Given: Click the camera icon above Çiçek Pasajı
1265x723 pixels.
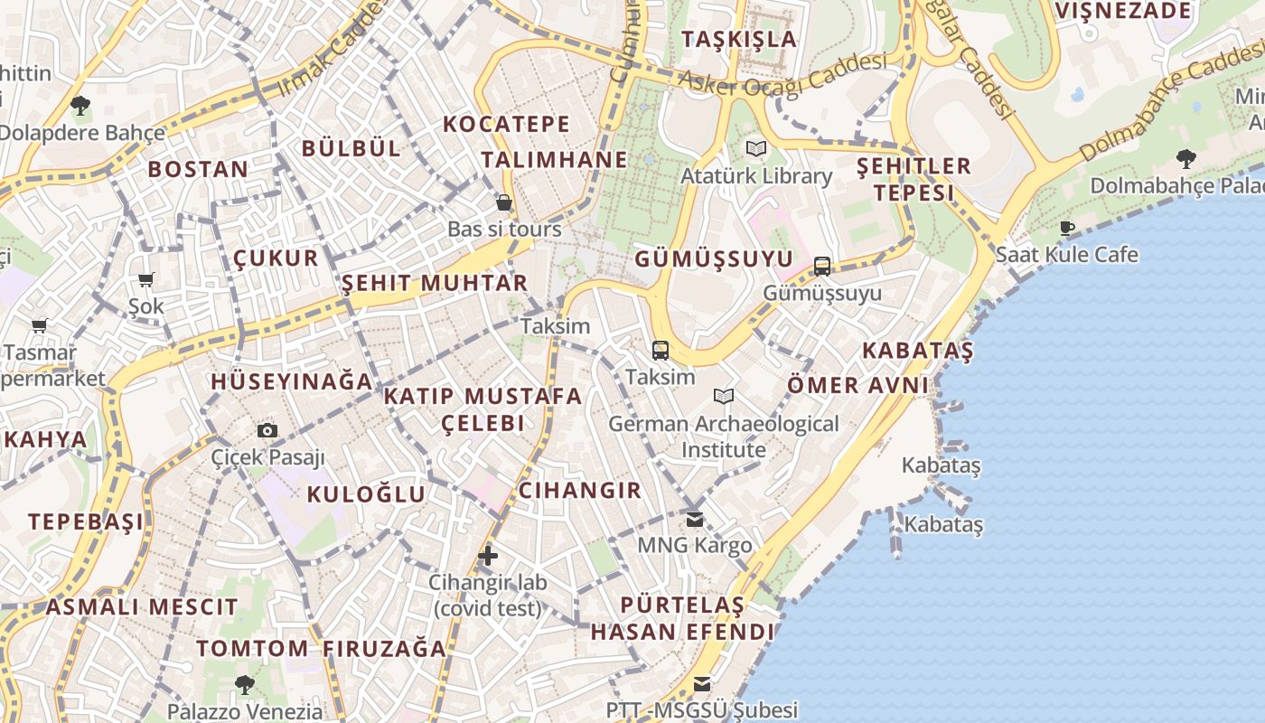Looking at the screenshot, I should click(x=267, y=430).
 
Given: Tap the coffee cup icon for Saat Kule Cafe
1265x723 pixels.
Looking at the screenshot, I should click(x=1067, y=228).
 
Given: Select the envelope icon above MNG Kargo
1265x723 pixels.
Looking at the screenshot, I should click(x=694, y=519).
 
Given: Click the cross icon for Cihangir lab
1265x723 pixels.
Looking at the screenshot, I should click(x=488, y=555).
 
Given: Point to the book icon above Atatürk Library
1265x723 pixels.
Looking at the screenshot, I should click(x=756, y=148).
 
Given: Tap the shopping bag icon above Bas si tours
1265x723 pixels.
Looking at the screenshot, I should click(x=504, y=202).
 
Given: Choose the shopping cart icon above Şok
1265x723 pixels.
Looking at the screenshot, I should click(x=145, y=280).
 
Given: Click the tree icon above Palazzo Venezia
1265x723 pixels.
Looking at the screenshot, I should click(x=244, y=684).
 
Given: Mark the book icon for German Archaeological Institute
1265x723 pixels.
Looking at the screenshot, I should click(x=724, y=396).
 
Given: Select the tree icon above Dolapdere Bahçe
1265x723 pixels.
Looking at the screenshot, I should click(x=80, y=106).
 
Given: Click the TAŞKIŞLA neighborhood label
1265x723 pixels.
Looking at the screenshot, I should click(x=739, y=39).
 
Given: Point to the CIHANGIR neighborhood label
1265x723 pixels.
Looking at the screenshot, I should click(x=579, y=491).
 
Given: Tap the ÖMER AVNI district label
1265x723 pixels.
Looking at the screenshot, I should click(x=857, y=385).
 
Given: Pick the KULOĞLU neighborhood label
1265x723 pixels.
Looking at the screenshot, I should click(x=366, y=493).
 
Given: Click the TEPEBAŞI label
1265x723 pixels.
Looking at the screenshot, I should click(x=86, y=521).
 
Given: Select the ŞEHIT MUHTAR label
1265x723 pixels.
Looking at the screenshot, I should click(x=435, y=283).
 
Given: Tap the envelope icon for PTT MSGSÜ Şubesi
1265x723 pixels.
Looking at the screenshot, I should click(x=702, y=683).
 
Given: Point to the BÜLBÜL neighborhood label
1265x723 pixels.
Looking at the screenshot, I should click(x=351, y=149).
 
